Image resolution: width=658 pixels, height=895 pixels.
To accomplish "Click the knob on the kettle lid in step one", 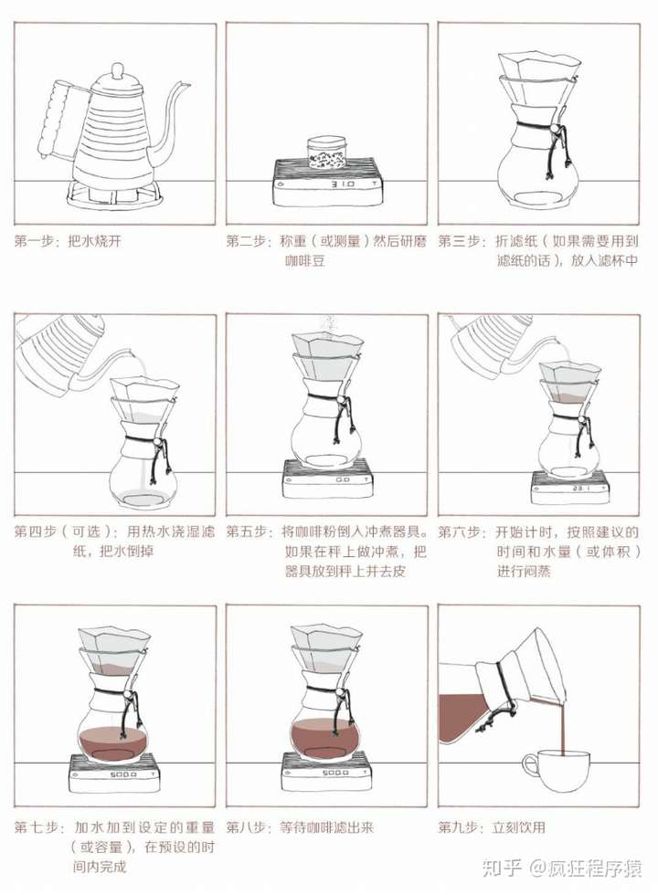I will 117,69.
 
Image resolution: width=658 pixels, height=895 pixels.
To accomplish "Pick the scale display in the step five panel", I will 342,479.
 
